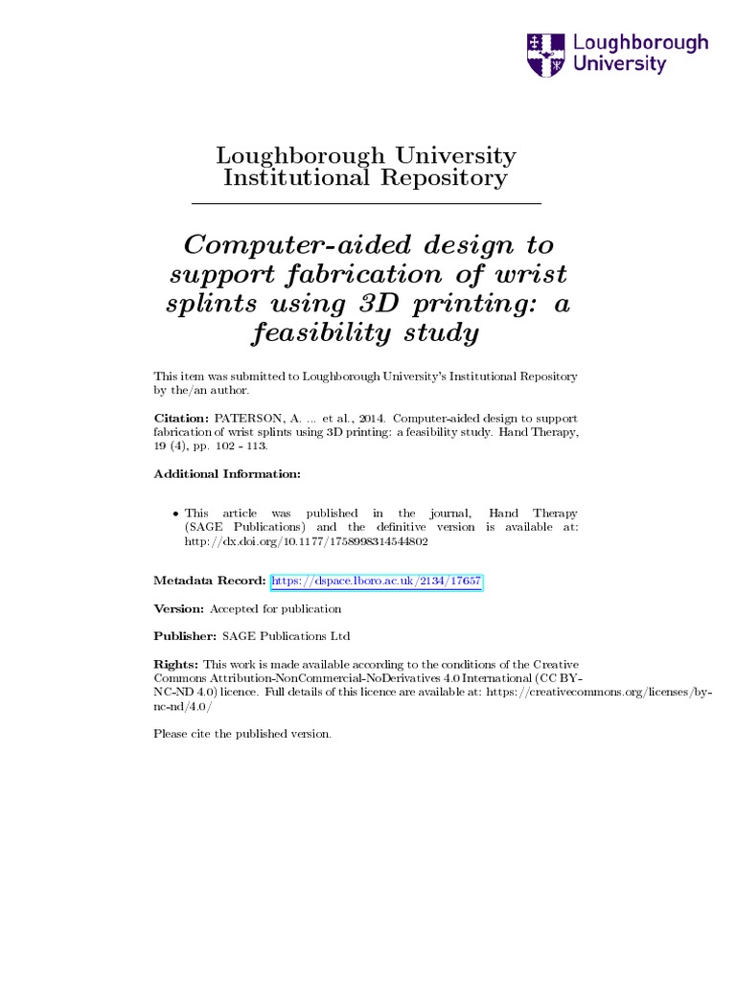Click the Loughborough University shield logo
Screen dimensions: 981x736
[546, 55]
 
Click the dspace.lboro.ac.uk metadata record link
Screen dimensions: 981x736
[377, 582]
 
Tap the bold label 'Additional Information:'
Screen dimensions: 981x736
[227, 474]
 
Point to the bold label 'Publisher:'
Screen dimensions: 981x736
[185, 636]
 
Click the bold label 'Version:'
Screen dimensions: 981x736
[179, 608]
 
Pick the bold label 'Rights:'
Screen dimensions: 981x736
[176, 664]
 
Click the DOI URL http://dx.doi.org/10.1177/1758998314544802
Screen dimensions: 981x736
[305, 541]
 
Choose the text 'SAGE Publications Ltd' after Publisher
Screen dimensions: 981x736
[286, 636]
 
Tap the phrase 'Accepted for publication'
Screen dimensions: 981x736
[275, 608]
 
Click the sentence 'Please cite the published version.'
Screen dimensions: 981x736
[242, 734]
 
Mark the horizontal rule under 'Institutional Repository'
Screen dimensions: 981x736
[367, 204]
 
